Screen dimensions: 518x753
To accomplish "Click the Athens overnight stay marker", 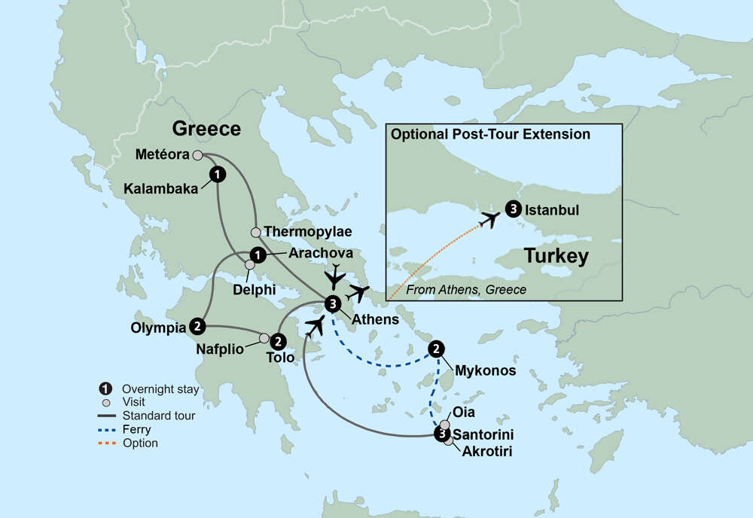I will click(333, 303).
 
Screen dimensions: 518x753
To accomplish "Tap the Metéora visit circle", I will click(197, 155).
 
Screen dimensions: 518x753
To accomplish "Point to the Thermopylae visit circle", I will click(255, 232).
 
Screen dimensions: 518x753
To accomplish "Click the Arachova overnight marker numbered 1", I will click(257, 254).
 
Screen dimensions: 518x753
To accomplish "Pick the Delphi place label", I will click(253, 288).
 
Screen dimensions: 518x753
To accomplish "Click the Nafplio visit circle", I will click(264, 338).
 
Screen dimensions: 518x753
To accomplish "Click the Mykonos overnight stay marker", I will click(436, 349).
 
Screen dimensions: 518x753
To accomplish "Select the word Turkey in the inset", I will click(556, 256).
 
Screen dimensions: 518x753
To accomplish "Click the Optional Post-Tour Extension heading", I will click(489, 135).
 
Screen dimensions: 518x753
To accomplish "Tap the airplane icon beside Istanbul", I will click(489, 219).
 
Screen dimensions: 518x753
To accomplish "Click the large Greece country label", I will click(206, 129).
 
